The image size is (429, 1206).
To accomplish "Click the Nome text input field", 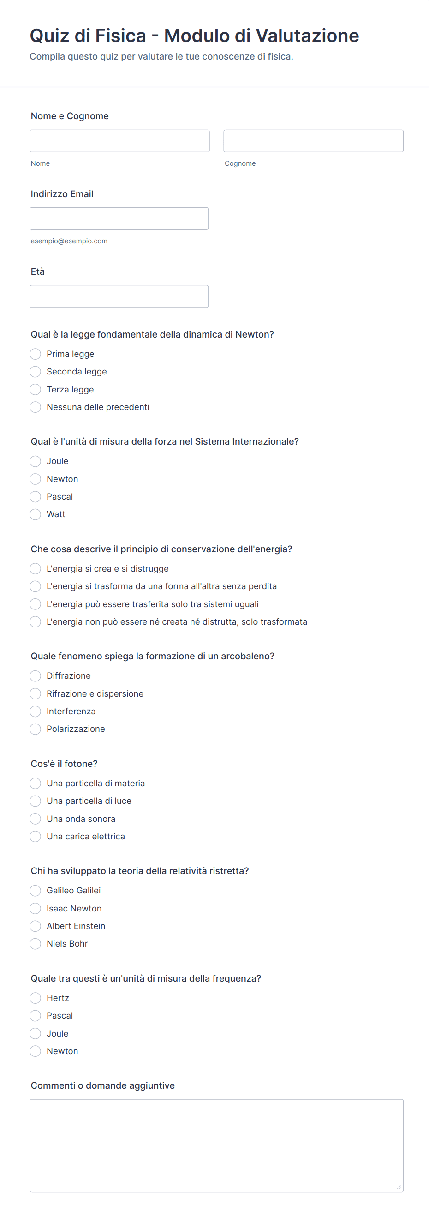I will (x=119, y=141).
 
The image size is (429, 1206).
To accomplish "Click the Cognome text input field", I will (x=313, y=141).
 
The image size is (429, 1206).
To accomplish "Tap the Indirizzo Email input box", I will (x=119, y=219).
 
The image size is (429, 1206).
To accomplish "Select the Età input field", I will (x=119, y=296).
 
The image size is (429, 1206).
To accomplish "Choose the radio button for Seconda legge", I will (x=35, y=372).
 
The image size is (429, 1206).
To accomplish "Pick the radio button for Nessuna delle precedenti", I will (x=35, y=407).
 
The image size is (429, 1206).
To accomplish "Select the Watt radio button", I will (x=35, y=514).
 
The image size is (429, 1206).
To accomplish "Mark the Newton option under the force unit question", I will (x=35, y=479).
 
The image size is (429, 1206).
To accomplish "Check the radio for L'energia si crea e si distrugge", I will (x=35, y=569).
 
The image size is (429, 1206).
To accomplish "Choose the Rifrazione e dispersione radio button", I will (x=35, y=694).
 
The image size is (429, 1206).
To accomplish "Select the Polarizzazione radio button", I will (x=35, y=729).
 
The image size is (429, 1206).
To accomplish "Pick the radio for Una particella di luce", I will (x=35, y=801).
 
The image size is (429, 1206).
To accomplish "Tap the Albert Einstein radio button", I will (x=35, y=926).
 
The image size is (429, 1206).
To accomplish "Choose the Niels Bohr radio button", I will (x=35, y=944).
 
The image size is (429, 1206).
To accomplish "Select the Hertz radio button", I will (x=35, y=998).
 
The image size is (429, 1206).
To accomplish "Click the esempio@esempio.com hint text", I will (x=69, y=241).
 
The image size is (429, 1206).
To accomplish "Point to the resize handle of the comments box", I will (x=399, y=1187).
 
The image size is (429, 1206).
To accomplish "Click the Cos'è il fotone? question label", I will (x=64, y=764).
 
